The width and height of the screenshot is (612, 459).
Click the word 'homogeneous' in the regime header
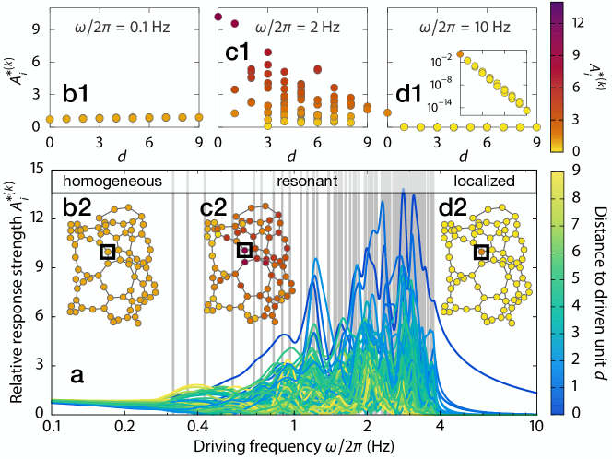(x=97, y=181)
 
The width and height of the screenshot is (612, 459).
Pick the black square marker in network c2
(x=244, y=250)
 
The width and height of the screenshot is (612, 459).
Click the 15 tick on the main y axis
(x=37, y=168)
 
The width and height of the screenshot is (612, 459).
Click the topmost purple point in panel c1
(x=218, y=17)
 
